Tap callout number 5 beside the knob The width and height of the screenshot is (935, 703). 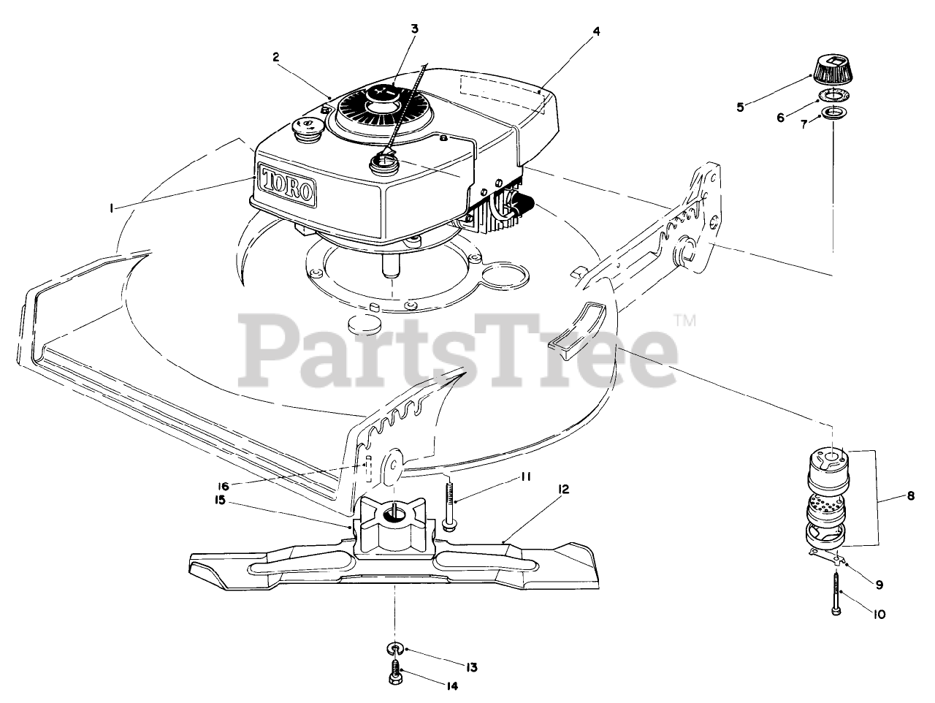[740, 107]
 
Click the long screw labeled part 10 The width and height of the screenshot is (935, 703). [833, 590]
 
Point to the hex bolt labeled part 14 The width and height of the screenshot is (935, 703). [394, 677]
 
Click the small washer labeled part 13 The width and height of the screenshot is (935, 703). [394, 648]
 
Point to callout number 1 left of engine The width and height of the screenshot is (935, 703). [111, 208]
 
